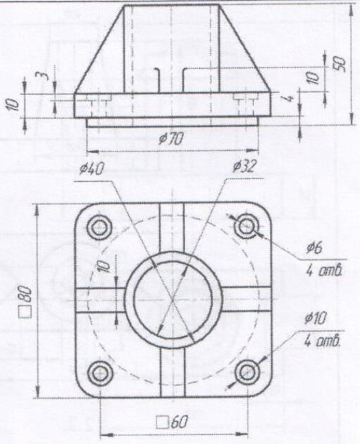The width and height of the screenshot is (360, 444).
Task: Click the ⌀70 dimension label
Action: point(171,139)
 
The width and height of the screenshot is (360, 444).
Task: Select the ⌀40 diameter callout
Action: point(92,169)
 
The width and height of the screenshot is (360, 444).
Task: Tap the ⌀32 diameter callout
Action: point(244,166)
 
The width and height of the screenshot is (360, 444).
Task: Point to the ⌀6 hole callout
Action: point(315,248)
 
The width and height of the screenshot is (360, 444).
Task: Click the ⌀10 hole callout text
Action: point(315,319)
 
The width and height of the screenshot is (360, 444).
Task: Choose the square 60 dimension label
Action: point(172,423)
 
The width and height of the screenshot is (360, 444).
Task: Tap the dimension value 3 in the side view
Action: point(41,75)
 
